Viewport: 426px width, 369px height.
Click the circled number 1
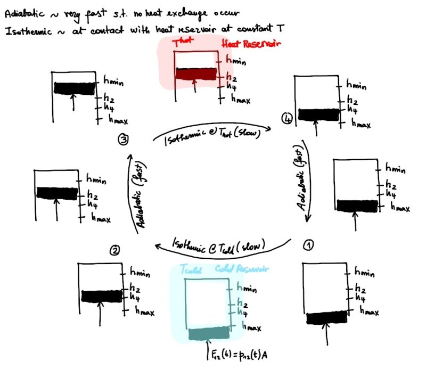[x=309, y=245]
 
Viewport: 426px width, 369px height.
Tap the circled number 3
[x=123, y=140]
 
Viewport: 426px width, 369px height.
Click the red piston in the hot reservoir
[x=195, y=74]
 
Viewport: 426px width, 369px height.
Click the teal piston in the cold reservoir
[x=209, y=334]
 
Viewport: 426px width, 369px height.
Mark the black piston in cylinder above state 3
[x=74, y=88]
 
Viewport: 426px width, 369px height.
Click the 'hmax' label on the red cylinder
[x=241, y=98]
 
